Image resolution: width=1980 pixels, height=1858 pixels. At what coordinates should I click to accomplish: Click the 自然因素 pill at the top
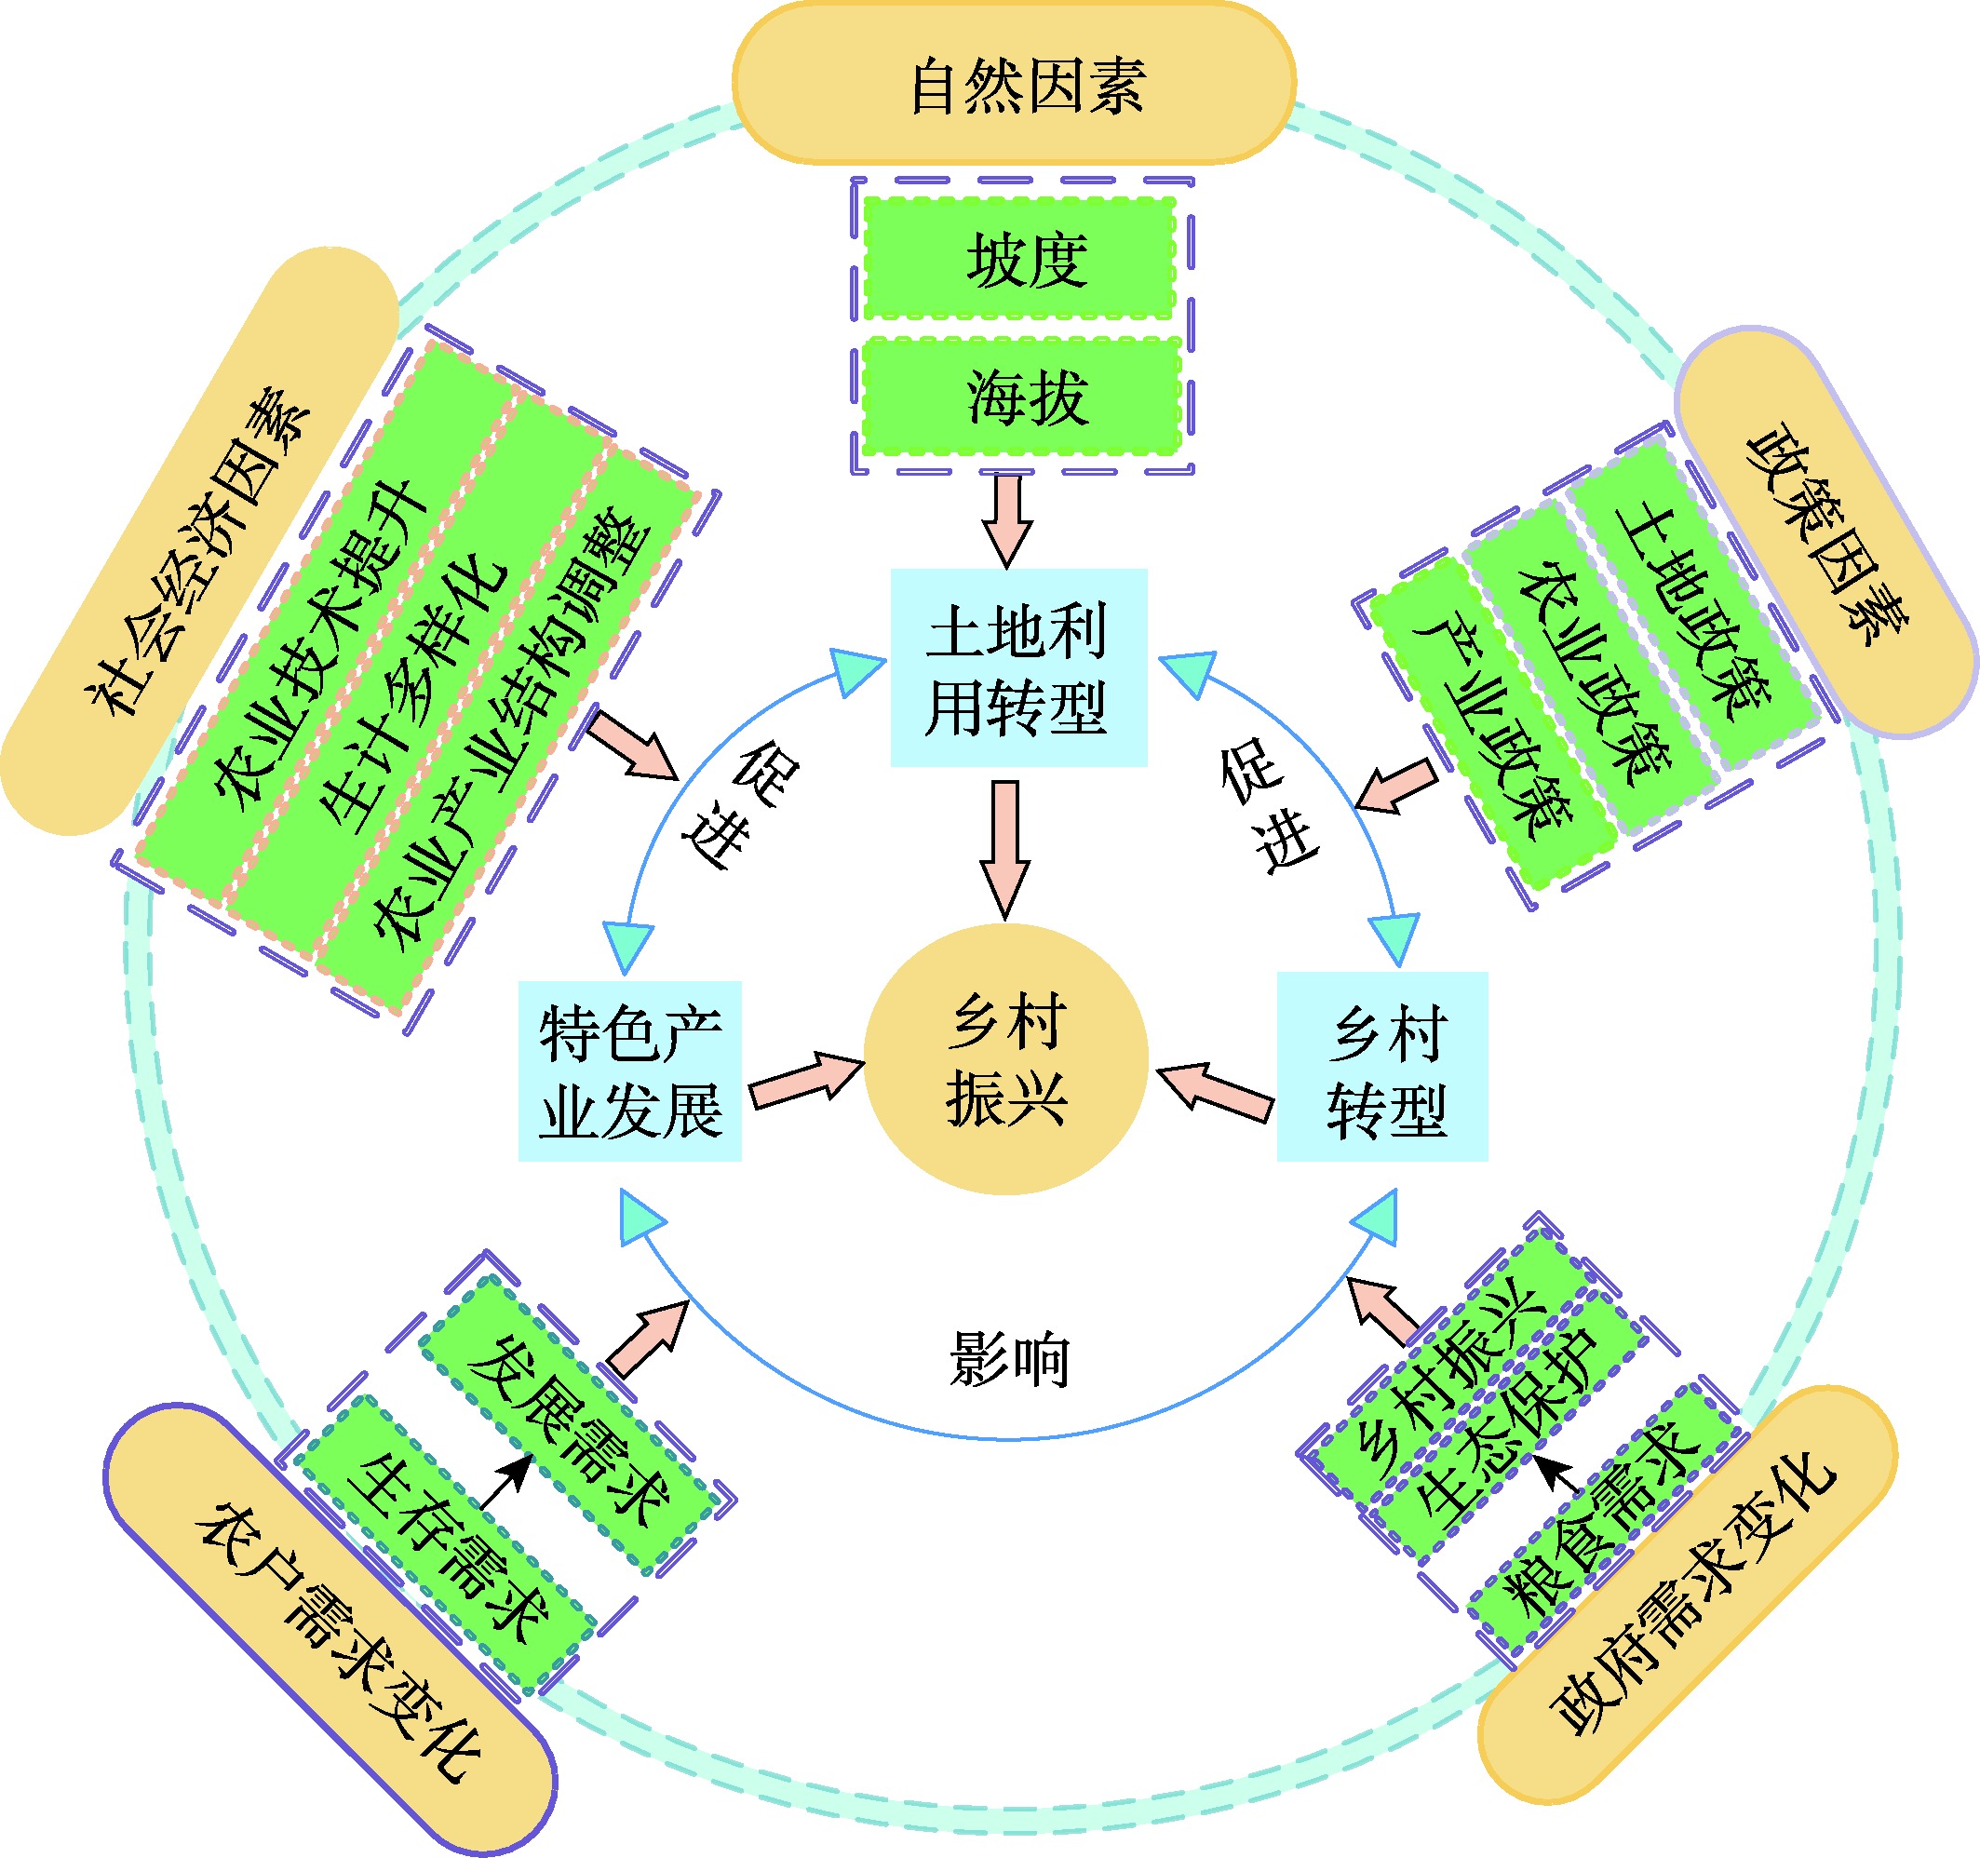pos(1014,84)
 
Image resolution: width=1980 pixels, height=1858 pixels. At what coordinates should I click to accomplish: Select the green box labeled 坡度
pos(1020,259)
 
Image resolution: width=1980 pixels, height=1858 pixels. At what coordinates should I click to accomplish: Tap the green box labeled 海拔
pos(1022,397)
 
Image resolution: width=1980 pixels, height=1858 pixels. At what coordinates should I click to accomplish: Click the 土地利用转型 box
pos(1017,668)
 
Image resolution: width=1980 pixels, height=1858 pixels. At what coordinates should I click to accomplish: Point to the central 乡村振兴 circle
pos(1006,1058)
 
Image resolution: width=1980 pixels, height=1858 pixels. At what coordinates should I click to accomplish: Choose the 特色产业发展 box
pos(629,1071)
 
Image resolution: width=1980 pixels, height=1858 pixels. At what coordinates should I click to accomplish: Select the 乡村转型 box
pos(1382,1068)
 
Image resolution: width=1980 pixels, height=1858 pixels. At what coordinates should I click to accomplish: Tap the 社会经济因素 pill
pos(199,543)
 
